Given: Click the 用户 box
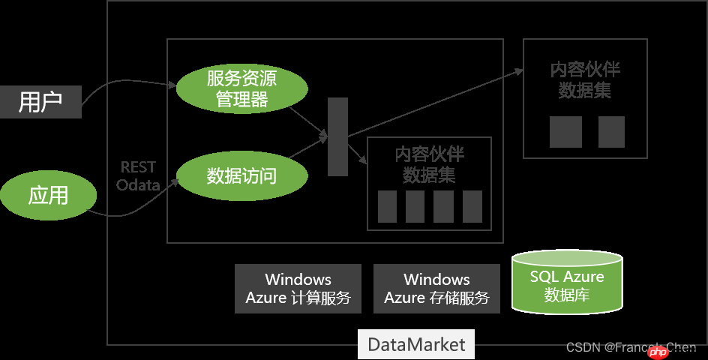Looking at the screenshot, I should [40, 102].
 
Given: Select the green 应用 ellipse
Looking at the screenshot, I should [49, 196].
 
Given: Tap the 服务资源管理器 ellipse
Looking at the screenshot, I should [241, 88].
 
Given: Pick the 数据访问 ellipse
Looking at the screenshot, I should [241, 176].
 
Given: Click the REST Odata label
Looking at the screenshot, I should [138, 176].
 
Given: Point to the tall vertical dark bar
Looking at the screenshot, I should [337, 136].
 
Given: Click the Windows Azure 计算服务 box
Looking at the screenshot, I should [298, 289].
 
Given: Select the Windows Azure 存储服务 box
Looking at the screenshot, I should [436, 289].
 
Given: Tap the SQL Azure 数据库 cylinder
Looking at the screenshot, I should [566, 284].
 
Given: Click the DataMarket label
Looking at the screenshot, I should [416, 345].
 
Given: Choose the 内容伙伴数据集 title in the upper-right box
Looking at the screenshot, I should [585, 80].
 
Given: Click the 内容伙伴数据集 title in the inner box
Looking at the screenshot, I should [429, 165].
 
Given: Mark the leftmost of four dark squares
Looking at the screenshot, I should [387, 206].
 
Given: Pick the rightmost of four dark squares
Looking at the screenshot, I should [472, 206].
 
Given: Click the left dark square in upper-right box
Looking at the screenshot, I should [565, 132].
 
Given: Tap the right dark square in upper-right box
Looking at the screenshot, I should [611, 132].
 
